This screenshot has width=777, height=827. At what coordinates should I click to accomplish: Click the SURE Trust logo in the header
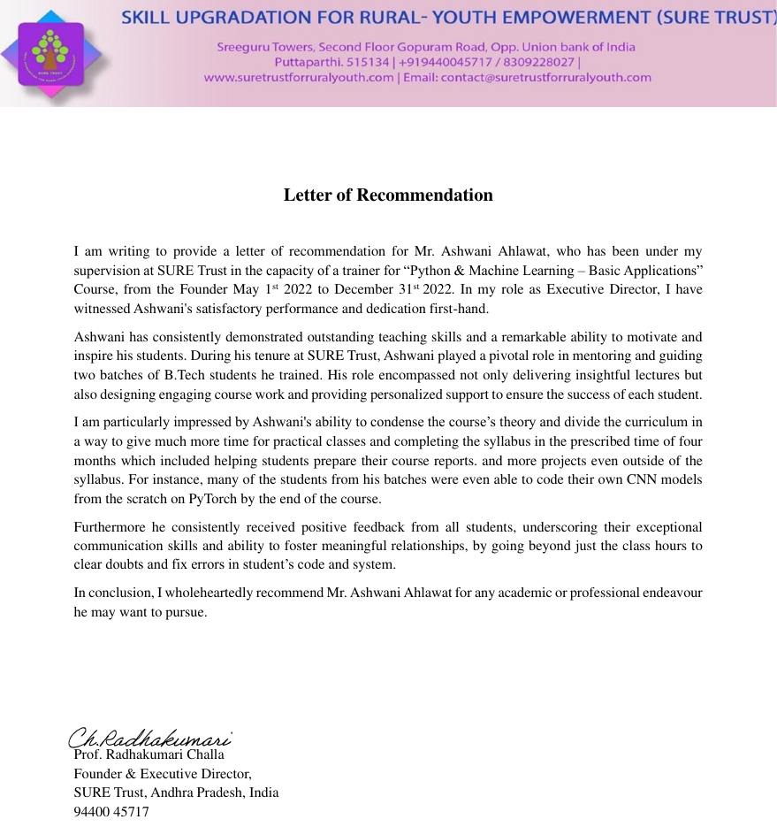tap(50, 54)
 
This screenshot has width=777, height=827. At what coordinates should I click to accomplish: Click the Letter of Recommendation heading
tap(388, 195)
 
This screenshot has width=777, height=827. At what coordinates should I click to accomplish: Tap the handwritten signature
tap(150, 737)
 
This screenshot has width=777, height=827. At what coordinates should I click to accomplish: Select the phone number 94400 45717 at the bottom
tap(111, 811)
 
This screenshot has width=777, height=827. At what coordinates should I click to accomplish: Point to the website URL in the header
tap(299, 77)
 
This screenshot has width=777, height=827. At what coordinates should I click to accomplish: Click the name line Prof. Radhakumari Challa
tap(149, 755)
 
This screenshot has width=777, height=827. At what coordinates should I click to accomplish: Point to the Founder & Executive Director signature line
tap(163, 774)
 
